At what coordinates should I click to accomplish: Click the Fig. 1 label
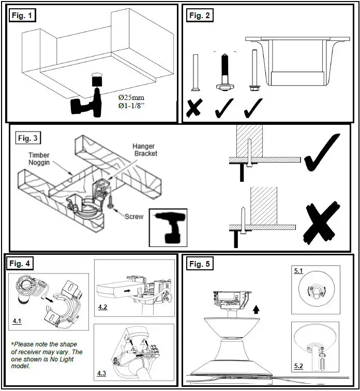pos(22,16)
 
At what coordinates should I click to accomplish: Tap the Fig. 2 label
pos(200,16)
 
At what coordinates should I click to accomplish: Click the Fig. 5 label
pos(200,264)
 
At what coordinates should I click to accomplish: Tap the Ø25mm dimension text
pos(133,97)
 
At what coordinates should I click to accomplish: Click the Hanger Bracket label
pos(145,150)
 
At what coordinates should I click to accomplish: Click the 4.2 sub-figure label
pos(103,308)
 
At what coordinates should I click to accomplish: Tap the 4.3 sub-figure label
pos(102,372)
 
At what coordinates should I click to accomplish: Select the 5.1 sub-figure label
pos(299,270)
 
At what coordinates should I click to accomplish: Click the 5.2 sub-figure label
pos(298,366)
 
